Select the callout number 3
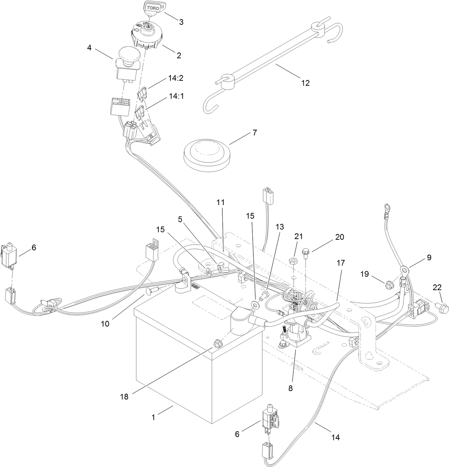coord(181,22)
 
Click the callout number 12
coord(305,83)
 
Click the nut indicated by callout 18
coord(217,344)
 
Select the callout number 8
coord(290,388)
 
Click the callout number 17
coord(341,263)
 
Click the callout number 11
coord(221,202)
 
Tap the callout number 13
coord(280,226)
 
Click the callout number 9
coord(429,257)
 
